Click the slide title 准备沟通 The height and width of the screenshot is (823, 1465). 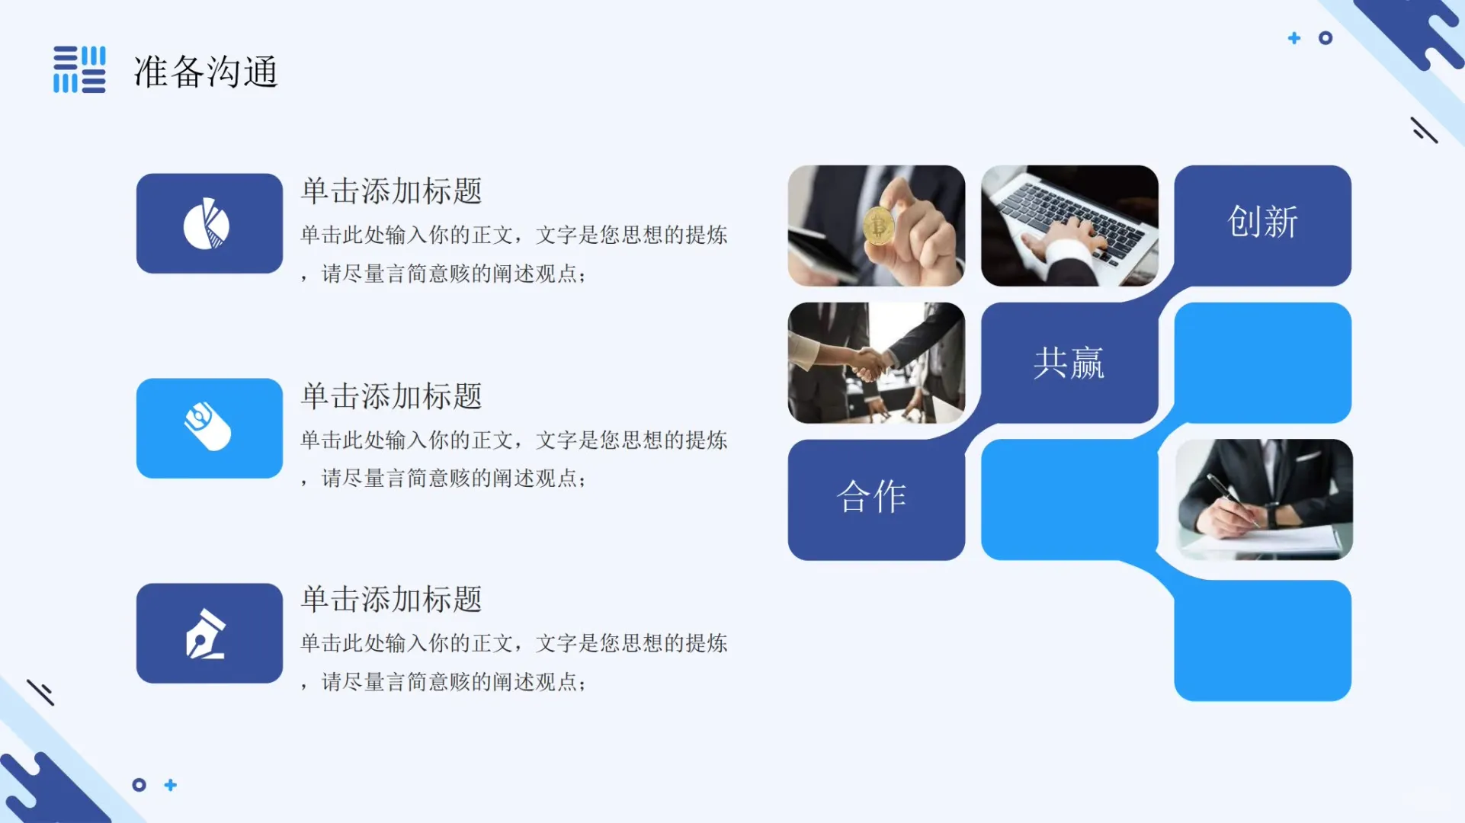tap(206, 72)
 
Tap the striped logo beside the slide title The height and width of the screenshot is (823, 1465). tap(79, 69)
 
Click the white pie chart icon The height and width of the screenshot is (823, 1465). tap(207, 224)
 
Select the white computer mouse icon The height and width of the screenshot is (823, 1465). tap(207, 427)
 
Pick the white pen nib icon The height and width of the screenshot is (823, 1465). tap(206, 634)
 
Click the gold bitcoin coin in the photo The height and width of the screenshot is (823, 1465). tap(879, 226)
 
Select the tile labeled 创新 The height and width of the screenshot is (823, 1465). tap(1262, 223)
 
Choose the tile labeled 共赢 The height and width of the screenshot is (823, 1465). tap(1069, 363)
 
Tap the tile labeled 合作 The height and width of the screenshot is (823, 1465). tap(872, 497)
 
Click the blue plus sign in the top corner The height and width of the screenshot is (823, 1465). tap(1294, 38)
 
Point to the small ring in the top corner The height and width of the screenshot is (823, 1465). tap(1326, 38)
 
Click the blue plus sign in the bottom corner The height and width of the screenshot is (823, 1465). tap(171, 785)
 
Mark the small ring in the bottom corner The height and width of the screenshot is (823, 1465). tap(139, 785)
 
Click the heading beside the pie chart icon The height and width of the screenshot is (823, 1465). tap(392, 191)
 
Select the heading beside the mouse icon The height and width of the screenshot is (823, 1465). tap(392, 396)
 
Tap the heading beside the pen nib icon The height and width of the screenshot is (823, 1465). tap(392, 600)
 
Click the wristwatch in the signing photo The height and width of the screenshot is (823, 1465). tap(1272, 516)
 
